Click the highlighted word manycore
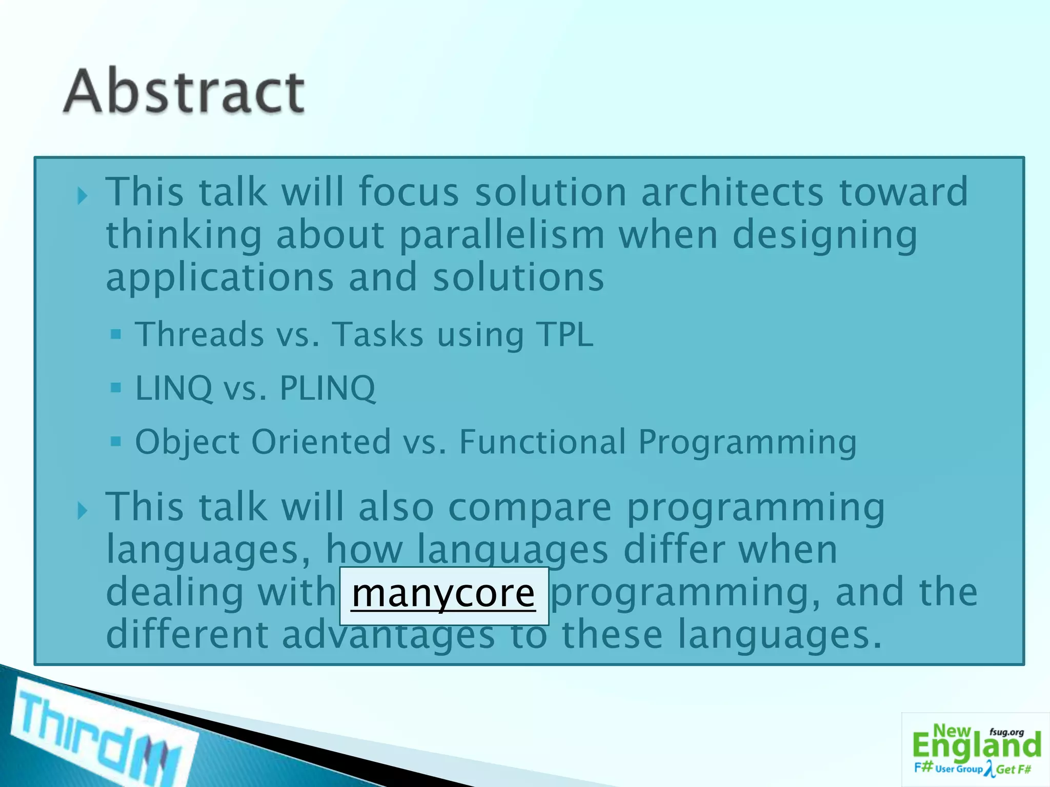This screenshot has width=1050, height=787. (x=443, y=594)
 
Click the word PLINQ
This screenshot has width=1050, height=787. (x=327, y=388)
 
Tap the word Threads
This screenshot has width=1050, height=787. (x=199, y=335)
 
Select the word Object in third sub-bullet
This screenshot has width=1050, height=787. (x=187, y=443)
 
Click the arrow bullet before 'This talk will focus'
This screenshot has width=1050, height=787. (x=82, y=195)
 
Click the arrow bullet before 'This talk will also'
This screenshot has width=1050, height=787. (x=82, y=510)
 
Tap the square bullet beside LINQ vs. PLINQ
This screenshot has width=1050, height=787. (x=116, y=387)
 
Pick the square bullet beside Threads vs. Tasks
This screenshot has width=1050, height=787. (x=116, y=335)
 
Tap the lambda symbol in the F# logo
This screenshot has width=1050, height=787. (x=990, y=769)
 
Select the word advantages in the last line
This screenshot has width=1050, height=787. (x=388, y=635)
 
